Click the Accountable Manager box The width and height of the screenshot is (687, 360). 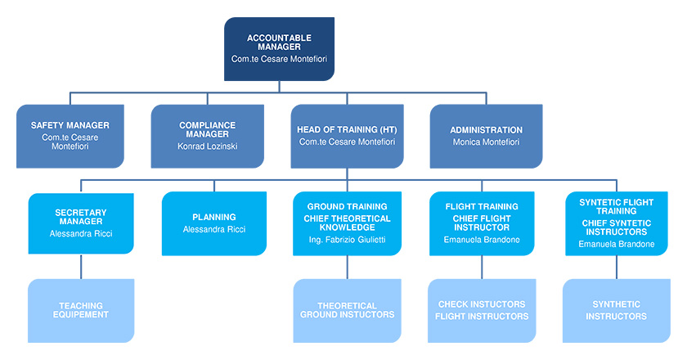pos(279,49)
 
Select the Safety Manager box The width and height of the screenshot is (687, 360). pos(70,137)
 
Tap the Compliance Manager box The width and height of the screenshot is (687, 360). pos(207,137)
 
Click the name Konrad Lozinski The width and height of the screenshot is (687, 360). pos(207,146)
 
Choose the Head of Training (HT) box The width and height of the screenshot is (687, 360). pos(347,137)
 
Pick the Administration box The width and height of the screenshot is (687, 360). pos(486,137)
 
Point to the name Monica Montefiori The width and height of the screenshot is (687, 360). pos(486,142)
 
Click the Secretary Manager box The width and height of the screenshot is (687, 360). pos(81,223)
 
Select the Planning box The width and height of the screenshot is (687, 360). pos(214,223)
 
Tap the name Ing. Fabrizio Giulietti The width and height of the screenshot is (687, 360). pos(347,240)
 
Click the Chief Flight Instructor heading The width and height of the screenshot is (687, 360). pos(482,223)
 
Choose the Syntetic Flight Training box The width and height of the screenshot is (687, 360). pos(617,223)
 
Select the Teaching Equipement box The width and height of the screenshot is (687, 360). pos(81,310)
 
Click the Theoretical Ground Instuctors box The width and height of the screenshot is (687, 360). pos(347,310)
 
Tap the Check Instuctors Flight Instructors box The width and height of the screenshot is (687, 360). pos(482,310)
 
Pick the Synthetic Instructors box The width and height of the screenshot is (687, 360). pos(617,310)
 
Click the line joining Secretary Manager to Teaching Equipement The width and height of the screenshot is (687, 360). pos(81,267)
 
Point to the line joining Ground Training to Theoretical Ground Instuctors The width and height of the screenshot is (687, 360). pos(347,268)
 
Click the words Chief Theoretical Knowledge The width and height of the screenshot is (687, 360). pos(347,223)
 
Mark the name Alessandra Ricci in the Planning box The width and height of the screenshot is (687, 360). pos(214,229)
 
